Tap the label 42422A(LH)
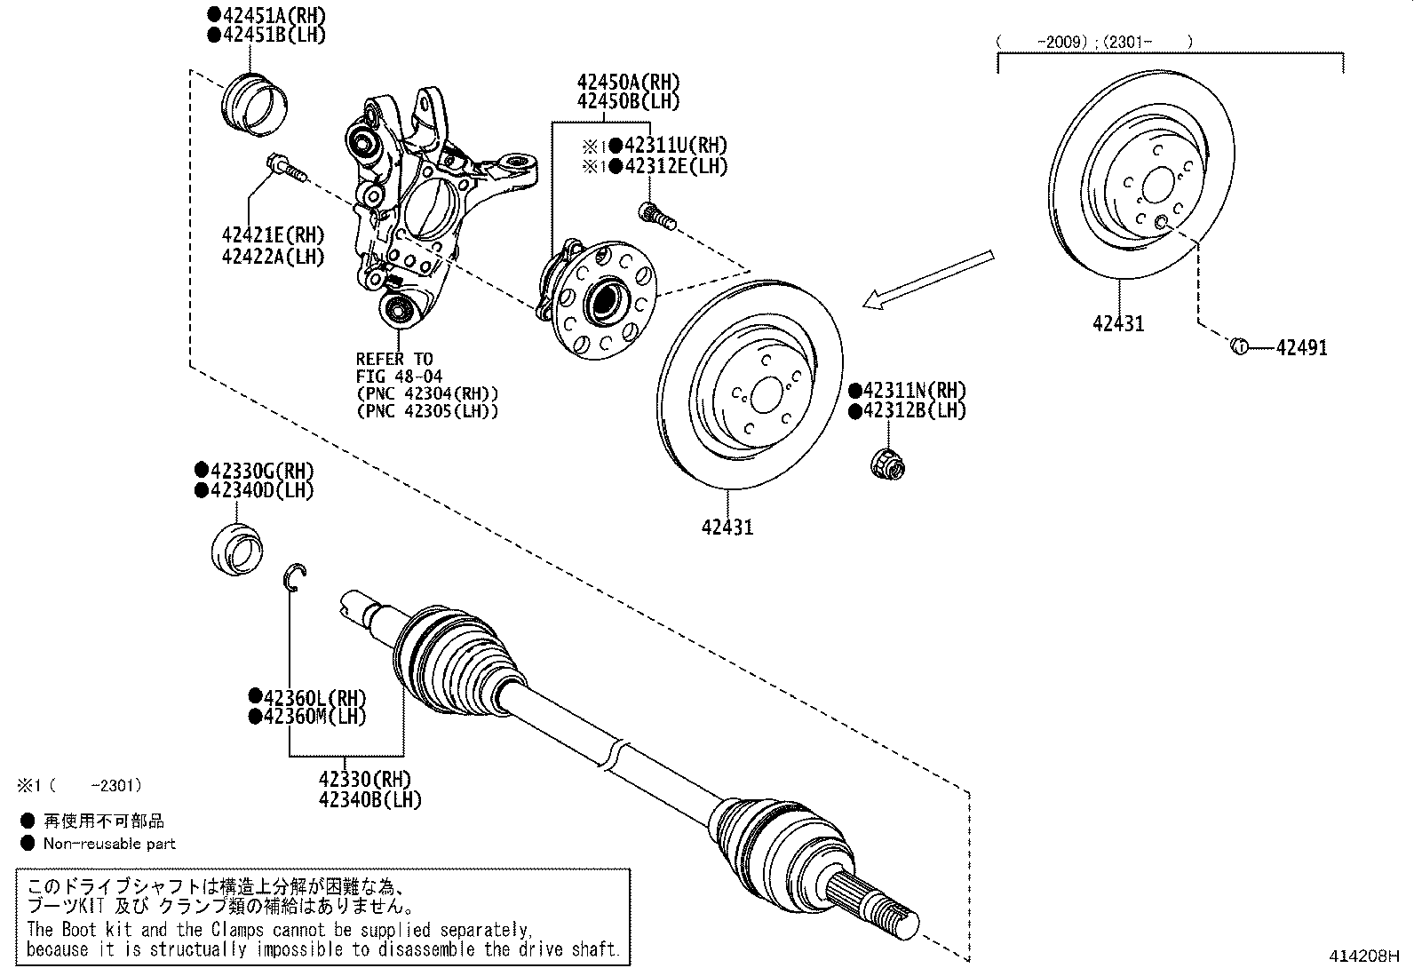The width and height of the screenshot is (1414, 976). click(x=273, y=257)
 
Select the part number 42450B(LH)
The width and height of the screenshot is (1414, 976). click(x=628, y=101)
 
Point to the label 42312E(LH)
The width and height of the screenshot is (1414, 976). click(x=675, y=166)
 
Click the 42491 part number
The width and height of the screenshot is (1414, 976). click(x=1301, y=348)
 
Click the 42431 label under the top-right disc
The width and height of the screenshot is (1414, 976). click(x=1118, y=324)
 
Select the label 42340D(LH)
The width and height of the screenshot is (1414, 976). click(x=260, y=490)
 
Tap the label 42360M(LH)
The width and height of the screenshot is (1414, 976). click(x=314, y=716)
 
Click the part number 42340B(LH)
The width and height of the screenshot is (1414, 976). click(x=369, y=799)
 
